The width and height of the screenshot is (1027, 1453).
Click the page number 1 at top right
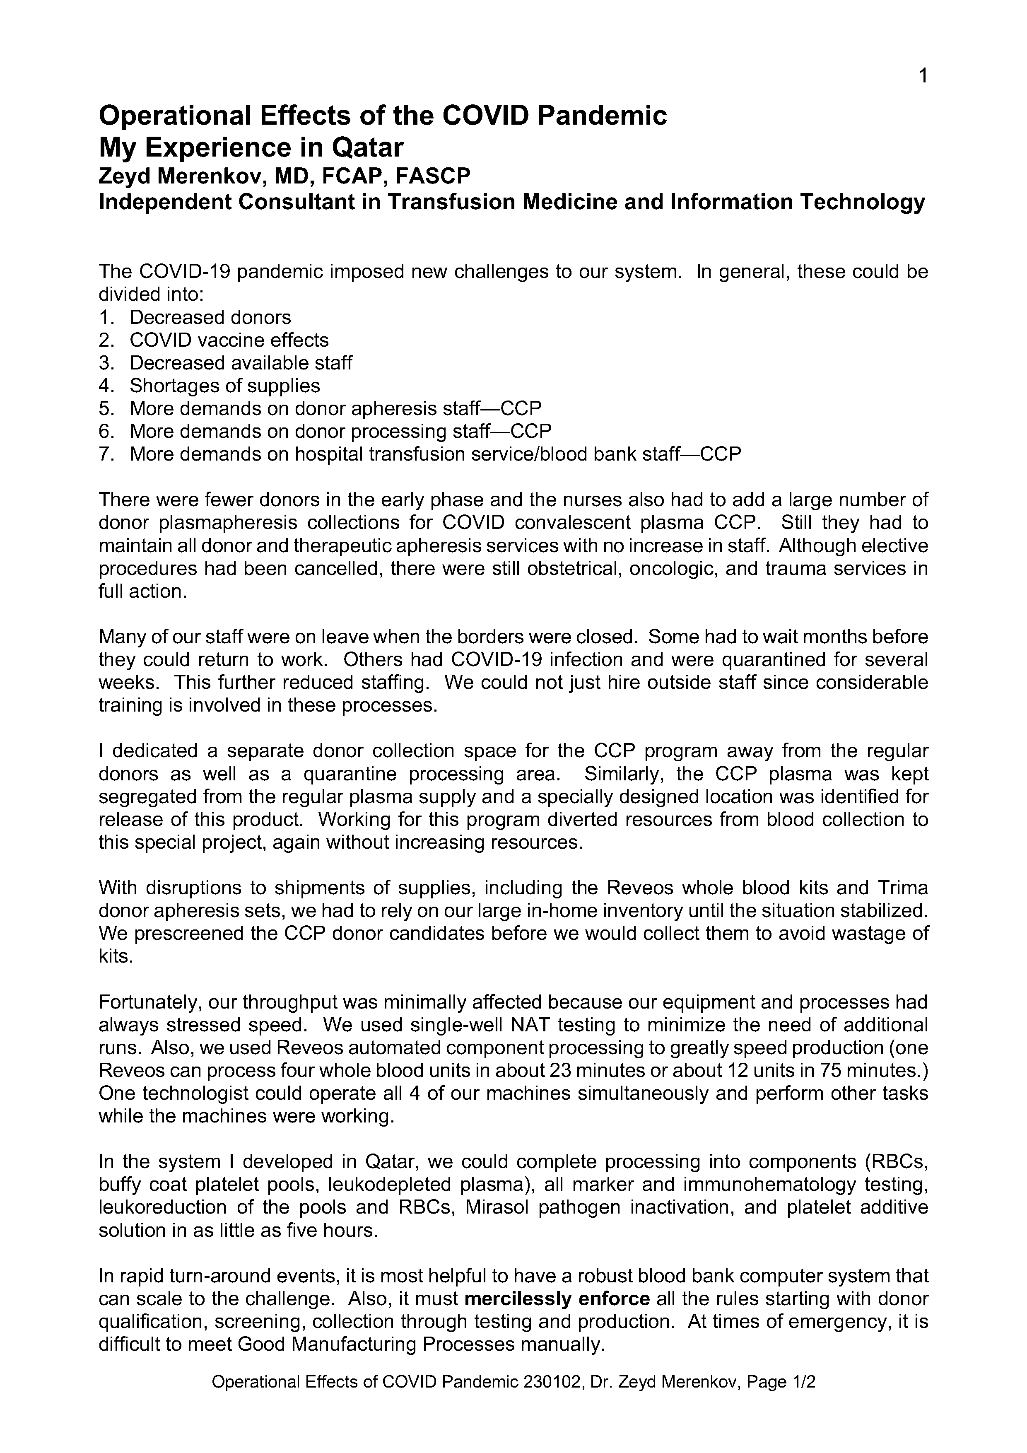coord(923,77)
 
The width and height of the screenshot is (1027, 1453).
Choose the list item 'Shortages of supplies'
coord(224,385)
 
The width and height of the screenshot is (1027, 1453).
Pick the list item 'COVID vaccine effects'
coord(229,340)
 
